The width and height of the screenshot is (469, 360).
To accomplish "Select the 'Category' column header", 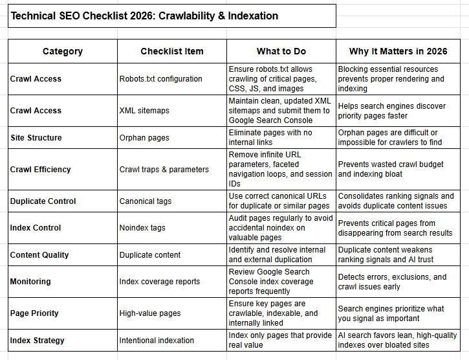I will coord(63,51).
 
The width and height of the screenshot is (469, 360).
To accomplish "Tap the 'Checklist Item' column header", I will coord(172,51).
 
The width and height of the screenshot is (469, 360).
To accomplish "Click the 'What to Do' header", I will coord(281,51).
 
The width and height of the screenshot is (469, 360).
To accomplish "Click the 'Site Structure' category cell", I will coord(36,137).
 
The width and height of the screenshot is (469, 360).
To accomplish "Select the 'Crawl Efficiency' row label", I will coord(41,169).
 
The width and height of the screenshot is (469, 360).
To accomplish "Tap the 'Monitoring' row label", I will coord(30,281).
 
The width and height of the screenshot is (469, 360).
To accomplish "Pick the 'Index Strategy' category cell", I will coord(38,340).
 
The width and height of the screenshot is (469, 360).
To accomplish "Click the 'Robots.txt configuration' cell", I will coord(161,79).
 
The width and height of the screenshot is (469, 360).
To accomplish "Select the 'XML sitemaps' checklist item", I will coord(144,111).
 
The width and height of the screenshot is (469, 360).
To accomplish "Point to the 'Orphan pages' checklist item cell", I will coord(145,137).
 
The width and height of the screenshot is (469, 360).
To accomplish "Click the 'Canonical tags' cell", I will coord(146,201).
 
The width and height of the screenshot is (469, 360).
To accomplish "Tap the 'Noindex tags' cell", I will coord(142,228).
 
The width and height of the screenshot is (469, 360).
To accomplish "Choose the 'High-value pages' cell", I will coord(150,313).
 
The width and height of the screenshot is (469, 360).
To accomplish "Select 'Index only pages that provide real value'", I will coord(279,340).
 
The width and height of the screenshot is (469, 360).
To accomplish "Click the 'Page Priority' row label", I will coord(34,313).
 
